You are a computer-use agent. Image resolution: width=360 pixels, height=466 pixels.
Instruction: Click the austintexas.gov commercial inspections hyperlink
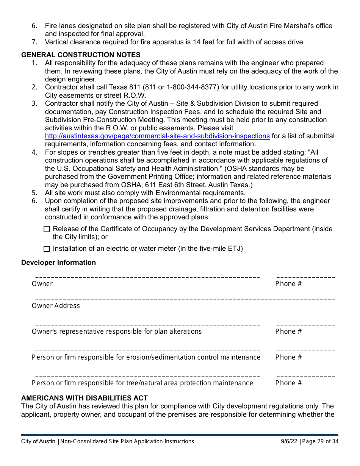(x=157, y=136)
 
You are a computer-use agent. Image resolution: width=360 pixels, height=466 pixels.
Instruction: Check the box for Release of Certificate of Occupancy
(x=47, y=229)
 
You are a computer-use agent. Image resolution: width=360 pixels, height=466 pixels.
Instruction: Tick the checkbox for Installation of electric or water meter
(x=47, y=249)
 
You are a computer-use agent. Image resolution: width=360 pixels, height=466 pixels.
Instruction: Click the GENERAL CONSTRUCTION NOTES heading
(x=81, y=55)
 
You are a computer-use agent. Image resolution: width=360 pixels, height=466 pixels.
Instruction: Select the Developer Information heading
(x=58, y=263)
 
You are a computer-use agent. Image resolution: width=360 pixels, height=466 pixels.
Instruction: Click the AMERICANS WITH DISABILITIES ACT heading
(x=84, y=398)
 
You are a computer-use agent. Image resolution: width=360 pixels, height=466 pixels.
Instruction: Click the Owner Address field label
(x=56, y=306)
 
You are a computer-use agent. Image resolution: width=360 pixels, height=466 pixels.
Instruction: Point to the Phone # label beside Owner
(x=288, y=284)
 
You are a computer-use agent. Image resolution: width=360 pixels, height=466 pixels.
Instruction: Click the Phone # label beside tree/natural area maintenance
(x=288, y=383)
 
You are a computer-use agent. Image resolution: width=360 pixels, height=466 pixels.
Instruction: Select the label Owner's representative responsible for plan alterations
(x=116, y=332)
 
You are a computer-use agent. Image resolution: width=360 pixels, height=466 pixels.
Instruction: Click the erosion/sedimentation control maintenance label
(x=146, y=357)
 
